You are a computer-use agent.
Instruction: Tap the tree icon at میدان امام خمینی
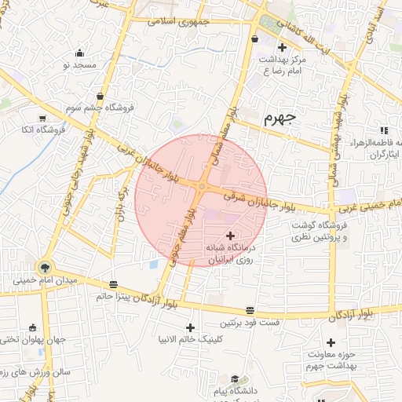43,266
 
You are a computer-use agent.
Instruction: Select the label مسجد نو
78,64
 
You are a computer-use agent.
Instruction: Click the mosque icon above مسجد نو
79,53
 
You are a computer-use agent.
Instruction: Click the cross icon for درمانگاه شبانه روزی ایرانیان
230,236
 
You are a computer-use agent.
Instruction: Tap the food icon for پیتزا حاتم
115,284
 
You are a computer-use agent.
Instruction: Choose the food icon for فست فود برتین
250,311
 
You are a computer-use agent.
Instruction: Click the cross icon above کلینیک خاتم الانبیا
190,327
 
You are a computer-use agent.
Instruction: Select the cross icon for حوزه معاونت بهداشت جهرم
331,342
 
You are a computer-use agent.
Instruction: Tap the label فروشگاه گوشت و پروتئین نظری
317,231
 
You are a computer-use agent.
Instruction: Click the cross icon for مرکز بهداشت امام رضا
282,49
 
